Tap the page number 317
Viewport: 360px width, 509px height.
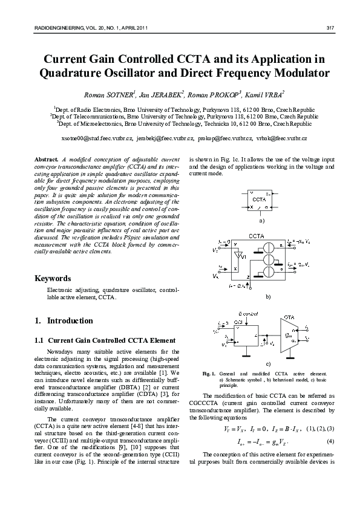330,28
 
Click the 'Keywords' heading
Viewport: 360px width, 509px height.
53,279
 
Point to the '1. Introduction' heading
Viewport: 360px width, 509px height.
64,320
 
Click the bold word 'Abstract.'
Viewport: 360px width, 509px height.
49,158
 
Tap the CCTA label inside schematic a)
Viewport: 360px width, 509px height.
259,199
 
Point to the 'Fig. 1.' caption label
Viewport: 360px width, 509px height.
209,375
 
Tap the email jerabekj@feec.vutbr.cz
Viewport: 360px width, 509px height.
165,138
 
